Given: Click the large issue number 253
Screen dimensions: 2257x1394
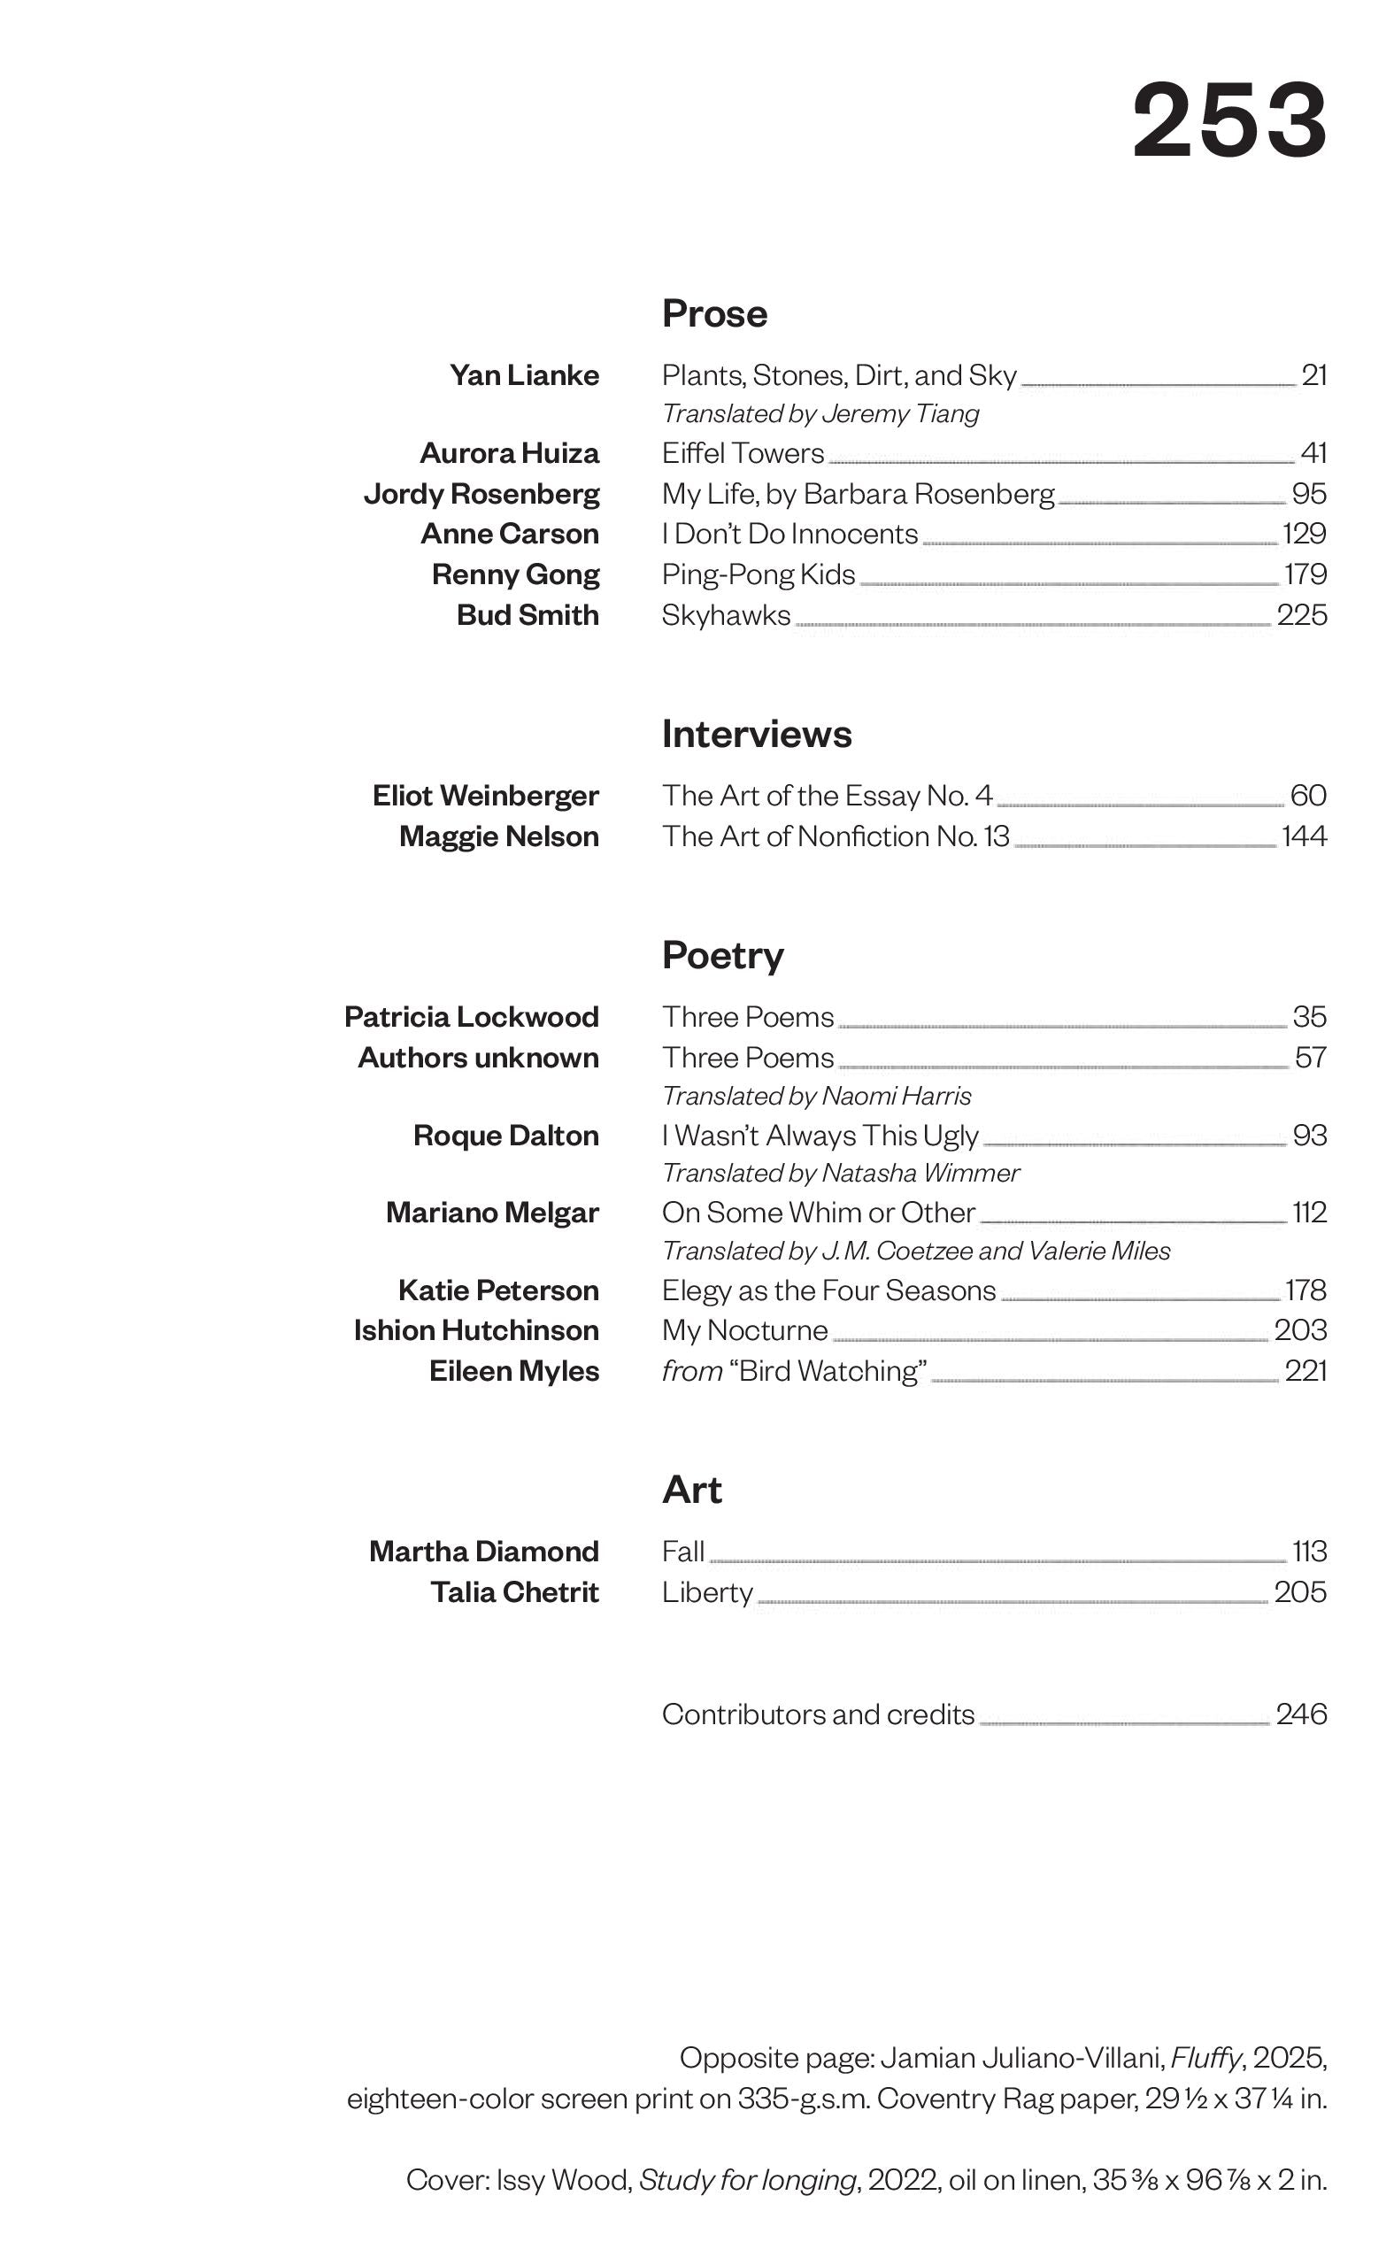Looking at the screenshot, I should click(x=1229, y=119).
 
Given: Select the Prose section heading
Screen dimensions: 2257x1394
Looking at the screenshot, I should click(x=714, y=314).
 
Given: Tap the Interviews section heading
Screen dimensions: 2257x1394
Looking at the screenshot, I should click(x=756, y=734).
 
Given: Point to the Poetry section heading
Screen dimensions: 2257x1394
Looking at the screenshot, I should click(x=723, y=955).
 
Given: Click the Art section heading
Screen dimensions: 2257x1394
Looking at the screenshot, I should click(x=691, y=1490).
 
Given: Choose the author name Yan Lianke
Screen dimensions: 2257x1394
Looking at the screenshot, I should click(x=524, y=375).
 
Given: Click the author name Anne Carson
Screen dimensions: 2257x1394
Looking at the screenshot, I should click(x=510, y=534).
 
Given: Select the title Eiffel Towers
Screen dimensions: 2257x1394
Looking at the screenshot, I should click(x=743, y=452).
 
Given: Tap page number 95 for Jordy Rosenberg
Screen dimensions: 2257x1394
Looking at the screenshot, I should click(x=1308, y=493).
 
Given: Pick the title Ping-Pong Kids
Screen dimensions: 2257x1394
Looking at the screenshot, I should click(x=758, y=574).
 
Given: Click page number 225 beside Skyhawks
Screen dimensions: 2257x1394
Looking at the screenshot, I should click(x=1301, y=615).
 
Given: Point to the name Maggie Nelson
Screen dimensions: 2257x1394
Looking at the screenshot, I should click(x=499, y=836).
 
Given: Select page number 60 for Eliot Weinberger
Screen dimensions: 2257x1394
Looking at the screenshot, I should click(x=1308, y=795).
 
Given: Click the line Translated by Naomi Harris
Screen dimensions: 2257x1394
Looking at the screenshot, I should click(x=816, y=1096).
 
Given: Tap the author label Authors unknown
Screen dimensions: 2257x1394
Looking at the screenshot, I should click(x=478, y=1058).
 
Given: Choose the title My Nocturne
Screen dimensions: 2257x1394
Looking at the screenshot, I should click(x=744, y=1330).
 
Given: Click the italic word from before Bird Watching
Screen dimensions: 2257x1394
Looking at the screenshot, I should click(x=691, y=1371).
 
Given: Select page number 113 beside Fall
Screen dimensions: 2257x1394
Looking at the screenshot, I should click(x=1309, y=1552).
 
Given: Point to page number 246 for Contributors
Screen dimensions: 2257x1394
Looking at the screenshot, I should click(x=1301, y=1714).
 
